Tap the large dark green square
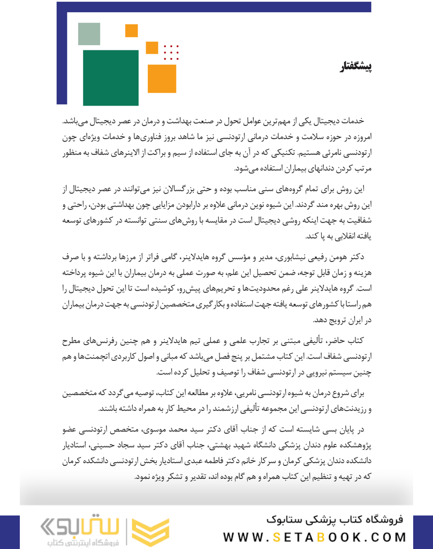(111, 78)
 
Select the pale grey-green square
(89, 34)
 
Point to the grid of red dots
(171, 51)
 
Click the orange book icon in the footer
(150, 530)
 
